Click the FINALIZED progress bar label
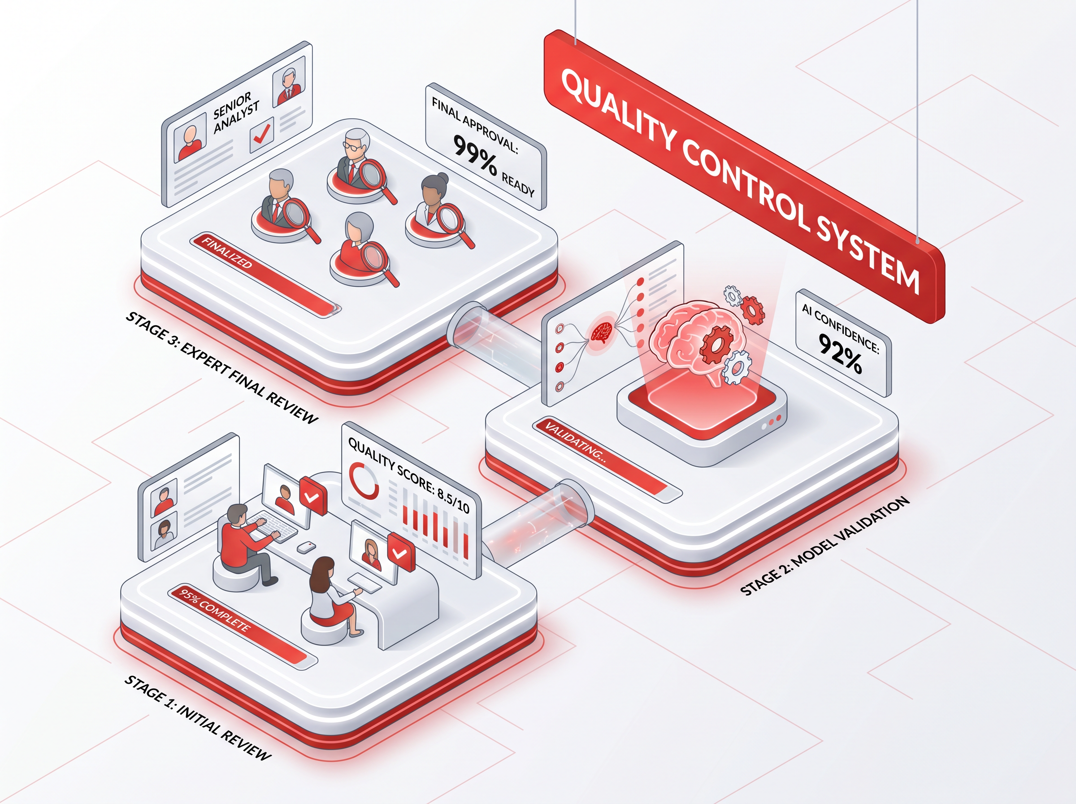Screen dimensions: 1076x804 pos(227,253)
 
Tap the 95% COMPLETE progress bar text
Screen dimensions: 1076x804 pos(214,610)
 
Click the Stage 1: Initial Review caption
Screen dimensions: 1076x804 pos(197,717)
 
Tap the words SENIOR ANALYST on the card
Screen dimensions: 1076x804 pos(236,111)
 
